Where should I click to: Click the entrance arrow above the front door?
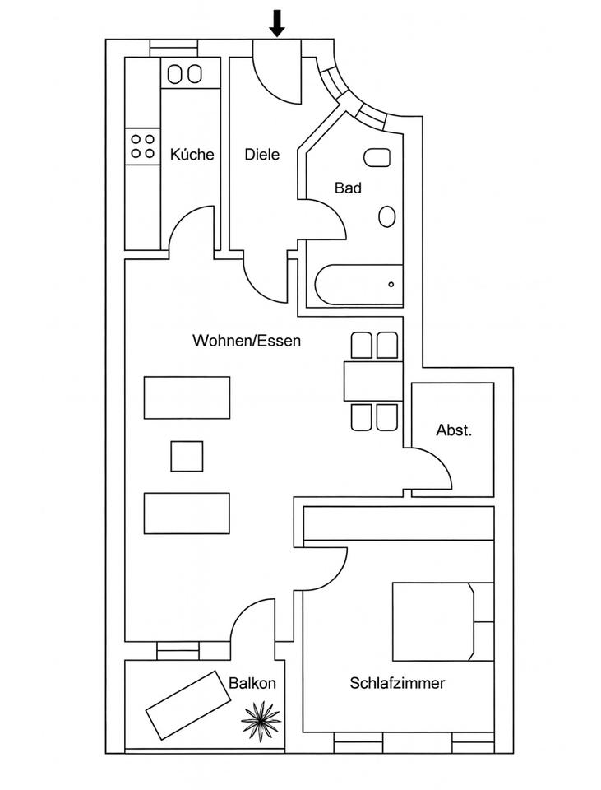pos(277,24)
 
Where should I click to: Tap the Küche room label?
pos(192,154)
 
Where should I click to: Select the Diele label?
pos(262,154)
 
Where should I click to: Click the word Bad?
pos(348,188)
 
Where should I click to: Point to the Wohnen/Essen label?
pos(247,340)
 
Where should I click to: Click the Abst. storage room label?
pos(454,430)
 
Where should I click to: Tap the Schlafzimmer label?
pos(397,683)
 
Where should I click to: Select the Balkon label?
pos(252,683)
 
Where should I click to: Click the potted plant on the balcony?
pos(261,721)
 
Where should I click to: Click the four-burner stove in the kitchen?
pos(142,146)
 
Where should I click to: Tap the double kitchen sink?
pos(184,74)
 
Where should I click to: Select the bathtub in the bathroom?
pos(358,285)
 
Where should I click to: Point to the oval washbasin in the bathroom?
pos(386,216)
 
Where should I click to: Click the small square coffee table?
pos(187,456)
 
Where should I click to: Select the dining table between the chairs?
pos(372,381)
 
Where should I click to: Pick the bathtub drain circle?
pos(391,285)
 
